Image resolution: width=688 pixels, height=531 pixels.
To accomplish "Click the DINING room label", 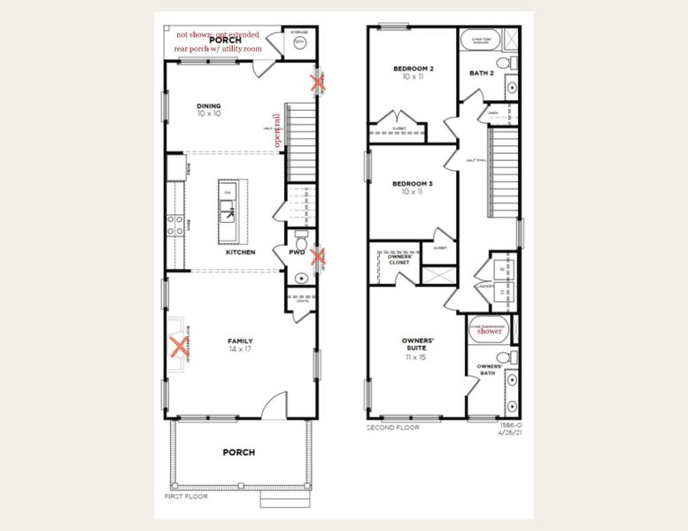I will [x=209, y=105].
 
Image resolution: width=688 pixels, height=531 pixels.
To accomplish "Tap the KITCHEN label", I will [x=240, y=252].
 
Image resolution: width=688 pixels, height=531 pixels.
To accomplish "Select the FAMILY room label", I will [x=240, y=340].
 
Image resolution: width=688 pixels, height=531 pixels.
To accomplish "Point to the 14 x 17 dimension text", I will [x=240, y=350].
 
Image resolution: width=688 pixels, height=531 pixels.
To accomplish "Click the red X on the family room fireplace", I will [x=178, y=345].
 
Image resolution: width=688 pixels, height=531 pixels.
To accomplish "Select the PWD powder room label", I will [x=297, y=253].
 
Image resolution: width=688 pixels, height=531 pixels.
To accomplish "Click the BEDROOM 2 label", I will [x=414, y=68].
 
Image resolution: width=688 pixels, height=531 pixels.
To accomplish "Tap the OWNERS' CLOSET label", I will [x=391, y=259].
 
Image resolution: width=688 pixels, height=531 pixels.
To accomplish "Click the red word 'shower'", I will [x=490, y=332].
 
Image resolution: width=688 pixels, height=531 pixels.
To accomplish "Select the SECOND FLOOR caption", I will [x=392, y=427].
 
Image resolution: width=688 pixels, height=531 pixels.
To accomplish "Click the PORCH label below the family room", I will [x=239, y=452].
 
